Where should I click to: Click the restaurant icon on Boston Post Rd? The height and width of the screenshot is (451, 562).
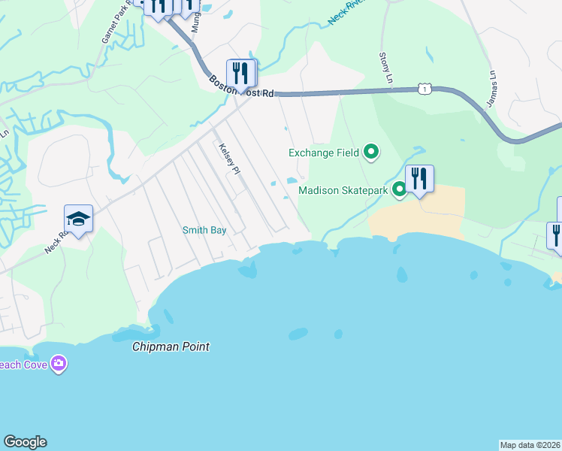pos(241,73)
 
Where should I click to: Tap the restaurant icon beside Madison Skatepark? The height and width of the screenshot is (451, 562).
pos(419,179)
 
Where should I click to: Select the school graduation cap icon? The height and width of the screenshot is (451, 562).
pos(78,219)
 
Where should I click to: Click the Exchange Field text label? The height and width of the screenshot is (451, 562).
pos(324,153)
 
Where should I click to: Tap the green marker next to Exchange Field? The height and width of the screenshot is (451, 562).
pos(370,153)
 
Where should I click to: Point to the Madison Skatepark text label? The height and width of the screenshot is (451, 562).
pos(343,190)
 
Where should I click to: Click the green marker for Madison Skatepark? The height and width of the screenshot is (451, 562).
pos(400,190)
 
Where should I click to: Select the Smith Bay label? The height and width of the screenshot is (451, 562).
pos(204,230)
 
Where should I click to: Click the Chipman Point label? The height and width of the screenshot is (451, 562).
pos(171,347)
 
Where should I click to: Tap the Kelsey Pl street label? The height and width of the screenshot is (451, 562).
pos(228,159)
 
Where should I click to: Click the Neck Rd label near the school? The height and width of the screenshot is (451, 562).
pos(56,241)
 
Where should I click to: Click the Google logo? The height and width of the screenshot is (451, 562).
pos(25,442)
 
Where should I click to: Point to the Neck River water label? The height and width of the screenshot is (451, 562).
pos(347,14)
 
